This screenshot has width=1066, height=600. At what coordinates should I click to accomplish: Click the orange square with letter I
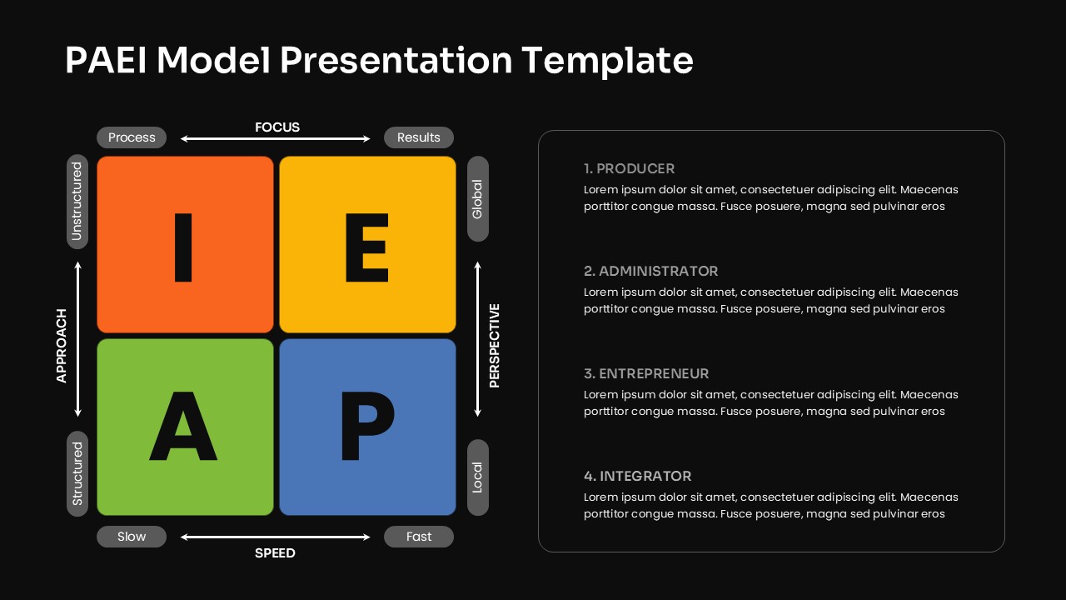pyautogui.click(x=185, y=245)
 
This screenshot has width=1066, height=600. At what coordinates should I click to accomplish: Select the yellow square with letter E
pyautogui.click(x=367, y=245)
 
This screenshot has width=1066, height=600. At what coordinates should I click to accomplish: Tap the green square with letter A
pyautogui.click(x=185, y=427)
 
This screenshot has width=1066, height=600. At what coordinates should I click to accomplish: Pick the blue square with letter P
pyautogui.click(x=367, y=427)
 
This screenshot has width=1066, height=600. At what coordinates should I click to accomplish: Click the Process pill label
pyautogui.click(x=132, y=137)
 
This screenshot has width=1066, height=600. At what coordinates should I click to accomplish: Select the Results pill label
pyautogui.click(x=418, y=137)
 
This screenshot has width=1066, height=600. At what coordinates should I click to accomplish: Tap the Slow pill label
pyautogui.click(x=132, y=537)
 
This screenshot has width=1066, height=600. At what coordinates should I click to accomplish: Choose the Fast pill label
pyautogui.click(x=418, y=537)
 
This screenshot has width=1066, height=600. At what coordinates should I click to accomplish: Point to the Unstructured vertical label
pyautogui.click(x=77, y=202)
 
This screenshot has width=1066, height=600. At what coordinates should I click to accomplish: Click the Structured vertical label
pyautogui.click(x=77, y=473)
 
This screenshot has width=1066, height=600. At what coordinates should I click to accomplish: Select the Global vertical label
pyautogui.click(x=477, y=199)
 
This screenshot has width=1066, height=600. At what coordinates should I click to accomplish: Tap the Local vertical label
pyautogui.click(x=477, y=477)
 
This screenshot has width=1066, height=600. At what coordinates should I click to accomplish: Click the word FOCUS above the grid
pyautogui.click(x=277, y=127)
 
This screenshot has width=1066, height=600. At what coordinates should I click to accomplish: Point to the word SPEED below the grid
pyautogui.click(x=275, y=553)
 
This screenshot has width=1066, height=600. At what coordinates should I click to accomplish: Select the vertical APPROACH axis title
pyautogui.click(x=62, y=346)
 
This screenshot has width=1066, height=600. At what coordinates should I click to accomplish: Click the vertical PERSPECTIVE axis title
pyautogui.click(x=495, y=346)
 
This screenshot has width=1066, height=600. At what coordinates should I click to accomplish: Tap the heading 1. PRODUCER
pyautogui.click(x=629, y=168)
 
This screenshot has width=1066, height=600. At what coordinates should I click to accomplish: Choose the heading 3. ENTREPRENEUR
pyautogui.click(x=646, y=373)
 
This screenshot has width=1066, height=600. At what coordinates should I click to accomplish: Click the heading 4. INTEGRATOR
pyautogui.click(x=637, y=476)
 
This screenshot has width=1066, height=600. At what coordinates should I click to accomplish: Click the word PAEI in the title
pyautogui.click(x=105, y=61)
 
